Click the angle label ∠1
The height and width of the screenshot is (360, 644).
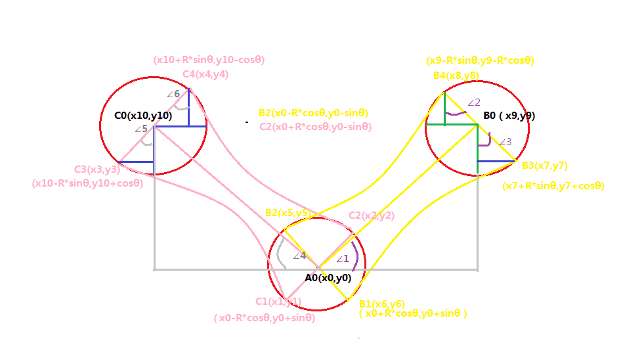point(343,259)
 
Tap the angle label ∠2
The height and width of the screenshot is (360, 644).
point(473,102)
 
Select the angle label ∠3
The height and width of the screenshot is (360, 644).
point(505,142)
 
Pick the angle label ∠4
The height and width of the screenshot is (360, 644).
point(299,256)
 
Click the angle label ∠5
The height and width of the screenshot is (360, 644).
point(141,129)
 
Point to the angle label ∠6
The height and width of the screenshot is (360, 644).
point(173,94)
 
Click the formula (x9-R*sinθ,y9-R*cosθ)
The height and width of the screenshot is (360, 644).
point(480,60)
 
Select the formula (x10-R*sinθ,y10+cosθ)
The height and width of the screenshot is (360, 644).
point(87,183)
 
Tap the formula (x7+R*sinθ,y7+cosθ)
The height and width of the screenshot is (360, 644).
point(553,186)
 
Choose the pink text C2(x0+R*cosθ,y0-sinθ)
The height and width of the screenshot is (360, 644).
point(315,127)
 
